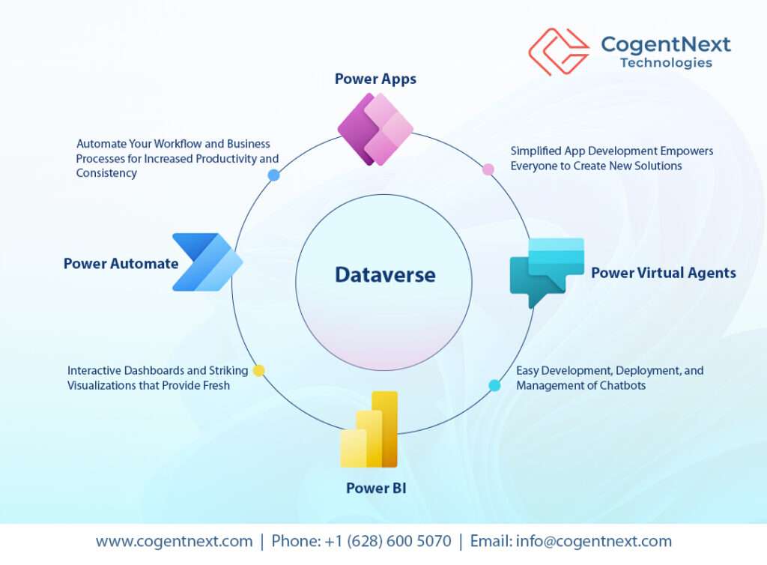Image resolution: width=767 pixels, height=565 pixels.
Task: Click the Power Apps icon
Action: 375,129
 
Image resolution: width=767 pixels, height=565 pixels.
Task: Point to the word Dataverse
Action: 384,275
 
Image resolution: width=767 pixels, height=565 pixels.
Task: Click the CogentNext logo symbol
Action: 558,52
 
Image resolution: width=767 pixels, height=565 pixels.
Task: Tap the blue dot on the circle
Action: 273,175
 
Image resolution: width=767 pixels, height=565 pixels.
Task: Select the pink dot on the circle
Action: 488,169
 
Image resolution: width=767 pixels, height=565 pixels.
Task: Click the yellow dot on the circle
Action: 258,370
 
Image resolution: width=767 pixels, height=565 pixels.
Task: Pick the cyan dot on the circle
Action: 494,385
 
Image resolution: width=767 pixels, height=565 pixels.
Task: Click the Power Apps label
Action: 375,79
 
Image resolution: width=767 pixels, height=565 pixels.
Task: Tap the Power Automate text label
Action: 121,263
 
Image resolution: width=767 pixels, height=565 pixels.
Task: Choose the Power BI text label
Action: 376,489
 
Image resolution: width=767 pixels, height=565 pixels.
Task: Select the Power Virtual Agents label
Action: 663,273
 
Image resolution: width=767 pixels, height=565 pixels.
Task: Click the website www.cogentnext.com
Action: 174,541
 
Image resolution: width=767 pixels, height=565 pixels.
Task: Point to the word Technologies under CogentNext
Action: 666,63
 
